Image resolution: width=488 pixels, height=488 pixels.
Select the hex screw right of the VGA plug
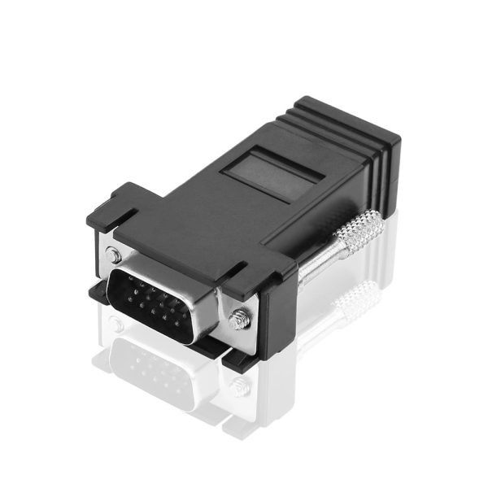(238, 319)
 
